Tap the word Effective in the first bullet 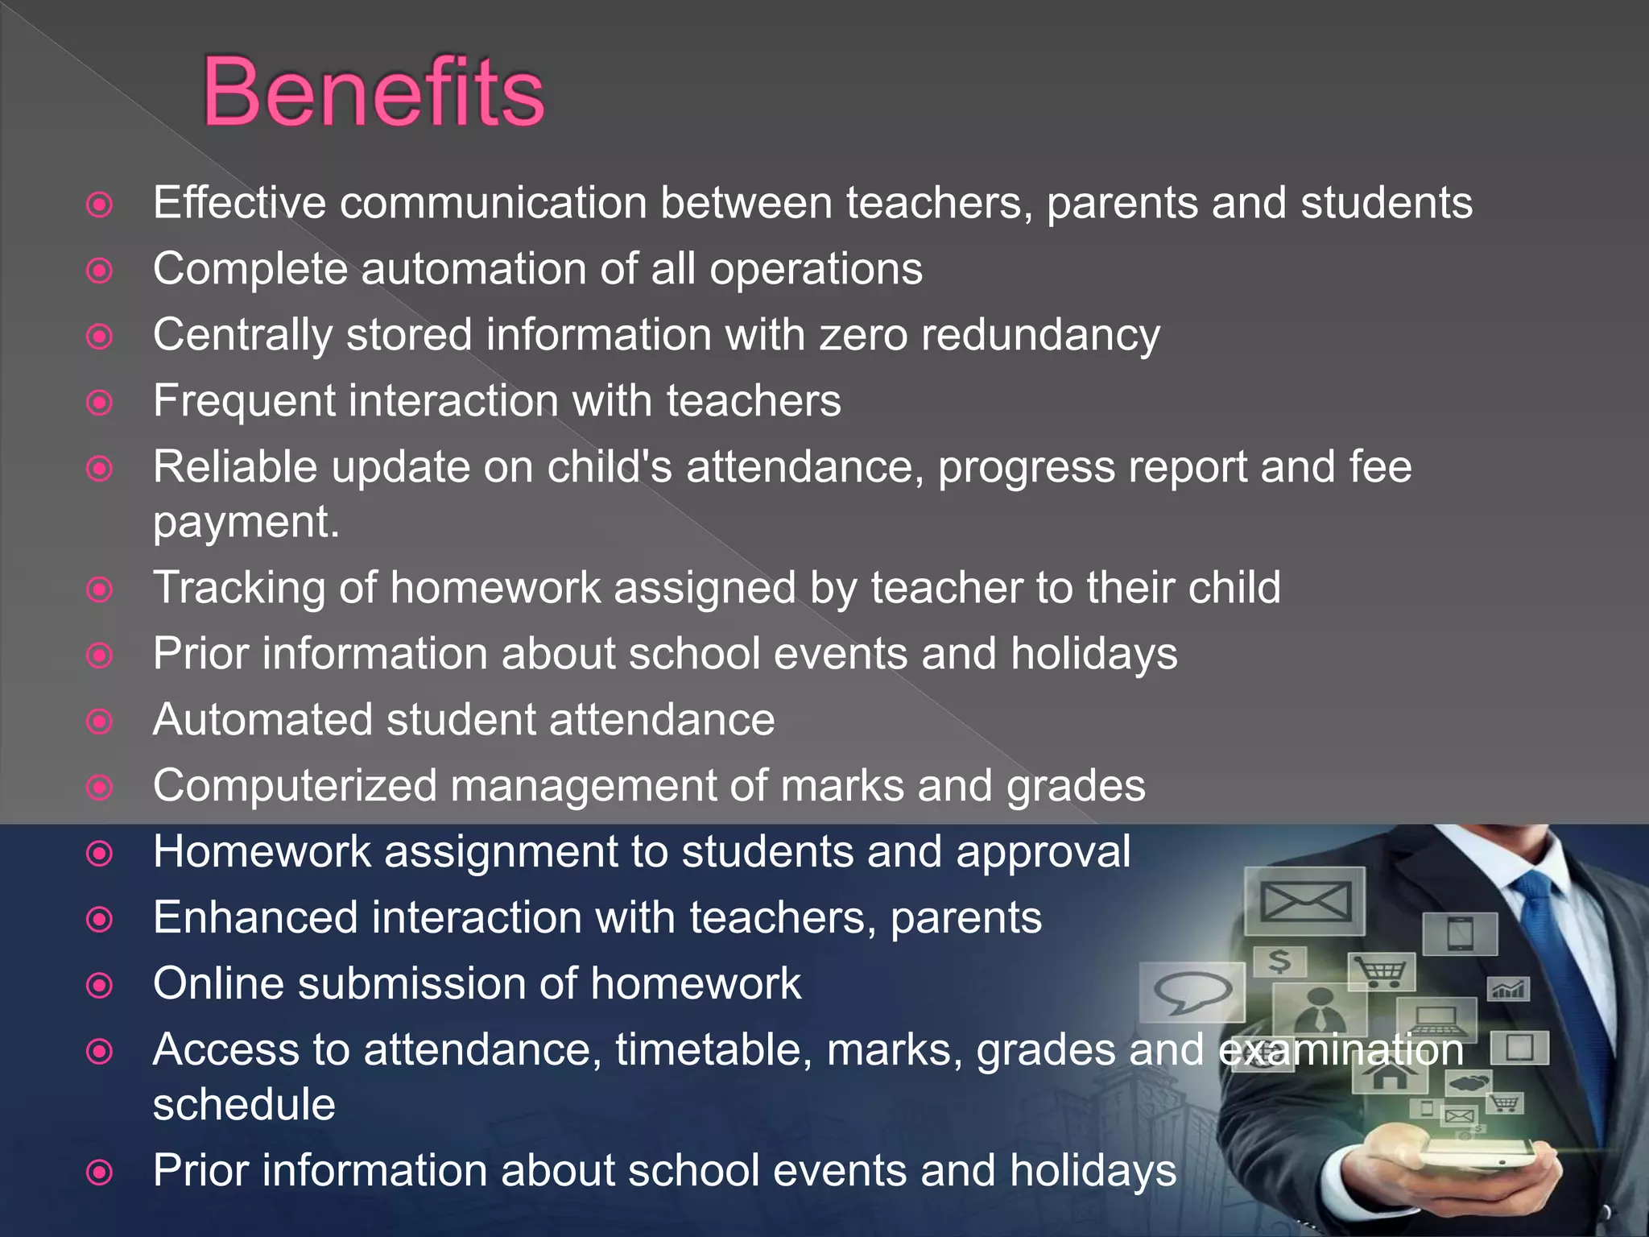tap(239, 202)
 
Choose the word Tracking tap(238, 589)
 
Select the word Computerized tap(295, 786)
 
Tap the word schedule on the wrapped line tap(244, 1104)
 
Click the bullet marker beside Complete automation tap(99, 271)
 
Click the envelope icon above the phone tap(1304, 900)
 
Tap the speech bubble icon tap(1192, 992)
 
